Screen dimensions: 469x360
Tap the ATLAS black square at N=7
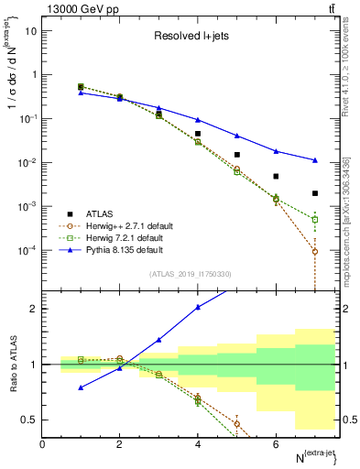coord(314,193)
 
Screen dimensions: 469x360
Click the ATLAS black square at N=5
coord(236,155)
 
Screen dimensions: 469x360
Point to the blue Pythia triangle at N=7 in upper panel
coord(314,160)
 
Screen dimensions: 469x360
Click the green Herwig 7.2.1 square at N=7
coord(314,220)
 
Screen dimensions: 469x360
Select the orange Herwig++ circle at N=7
coord(314,252)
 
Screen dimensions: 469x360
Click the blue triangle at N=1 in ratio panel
coord(82,387)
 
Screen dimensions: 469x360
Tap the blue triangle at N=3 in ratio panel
coord(159,340)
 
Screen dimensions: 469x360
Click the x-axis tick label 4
coord(198,444)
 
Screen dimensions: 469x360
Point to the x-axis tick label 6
coord(276,444)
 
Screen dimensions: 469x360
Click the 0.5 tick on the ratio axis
coord(30,420)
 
